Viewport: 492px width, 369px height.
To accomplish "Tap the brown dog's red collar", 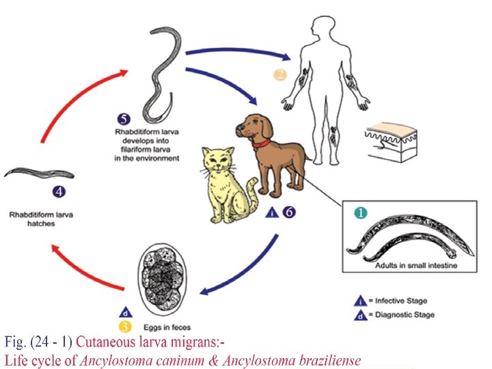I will [x=260, y=144].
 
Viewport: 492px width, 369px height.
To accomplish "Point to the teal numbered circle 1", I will [x=359, y=213].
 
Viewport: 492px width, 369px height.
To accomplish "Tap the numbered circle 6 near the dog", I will [x=290, y=212].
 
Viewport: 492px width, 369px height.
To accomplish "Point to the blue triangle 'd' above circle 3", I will [x=124, y=311].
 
